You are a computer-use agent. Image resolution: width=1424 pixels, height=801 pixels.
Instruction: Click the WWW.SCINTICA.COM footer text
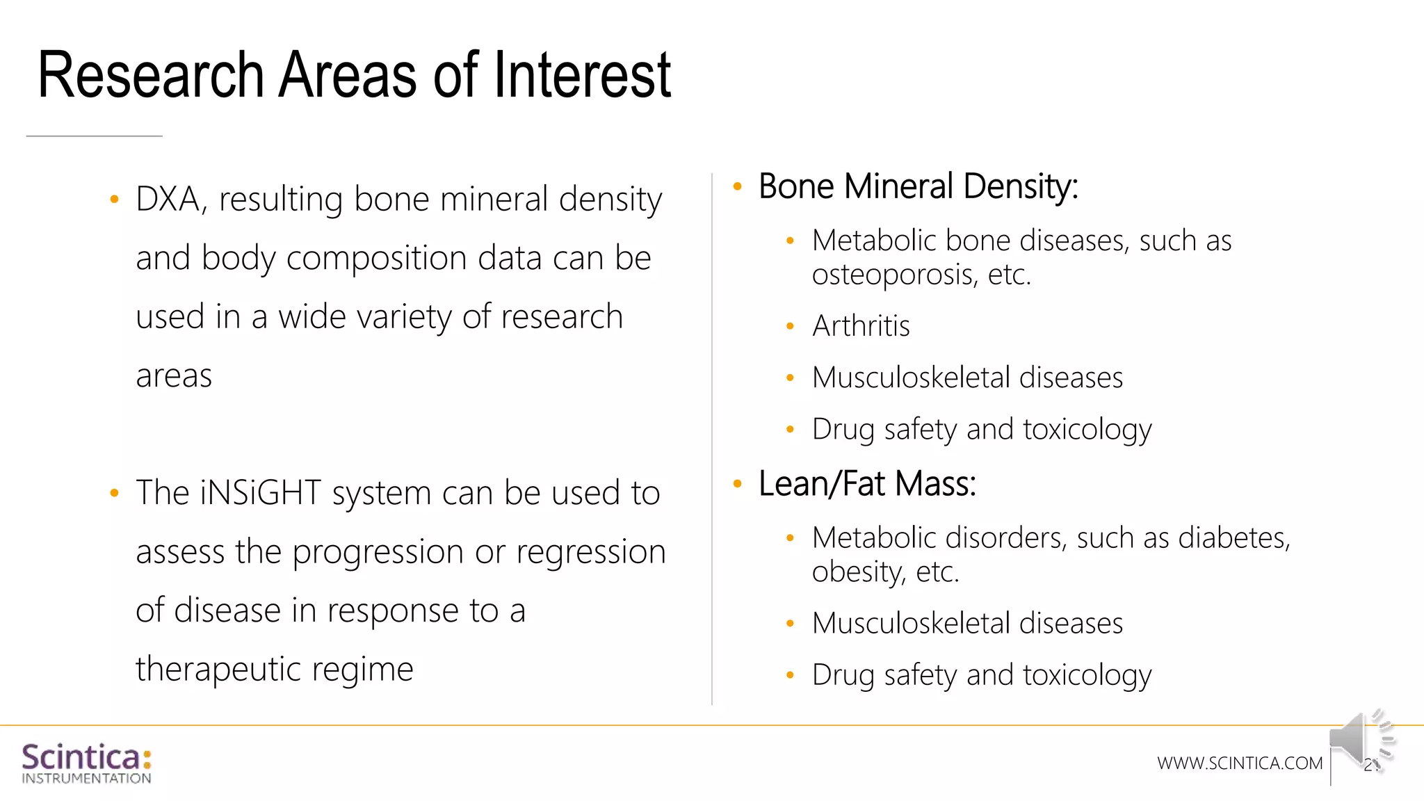pyautogui.click(x=1239, y=763)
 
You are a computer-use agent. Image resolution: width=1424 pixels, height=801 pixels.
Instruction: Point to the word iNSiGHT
pyautogui.click(x=260, y=493)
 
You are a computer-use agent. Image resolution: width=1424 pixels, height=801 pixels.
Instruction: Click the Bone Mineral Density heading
pyautogui.click(x=918, y=186)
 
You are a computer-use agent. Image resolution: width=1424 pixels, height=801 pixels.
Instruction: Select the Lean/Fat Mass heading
pyautogui.click(x=867, y=483)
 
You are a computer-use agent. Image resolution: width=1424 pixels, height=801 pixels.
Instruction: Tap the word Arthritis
pyautogui.click(x=861, y=326)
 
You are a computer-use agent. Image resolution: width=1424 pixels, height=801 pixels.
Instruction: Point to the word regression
pyautogui.click(x=590, y=552)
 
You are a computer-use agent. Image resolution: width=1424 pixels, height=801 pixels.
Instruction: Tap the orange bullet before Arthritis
pyautogui.click(x=790, y=326)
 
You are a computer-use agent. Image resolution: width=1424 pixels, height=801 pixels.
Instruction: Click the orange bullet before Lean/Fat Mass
pyautogui.click(x=738, y=483)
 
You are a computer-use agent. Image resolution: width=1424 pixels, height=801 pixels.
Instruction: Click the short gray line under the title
pyautogui.click(x=95, y=136)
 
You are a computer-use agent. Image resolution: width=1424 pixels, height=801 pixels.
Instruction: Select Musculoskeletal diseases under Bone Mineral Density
pyautogui.click(x=967, y=378)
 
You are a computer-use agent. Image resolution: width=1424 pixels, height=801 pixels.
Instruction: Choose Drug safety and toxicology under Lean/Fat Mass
pyautogui.click(x=981, y=675)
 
